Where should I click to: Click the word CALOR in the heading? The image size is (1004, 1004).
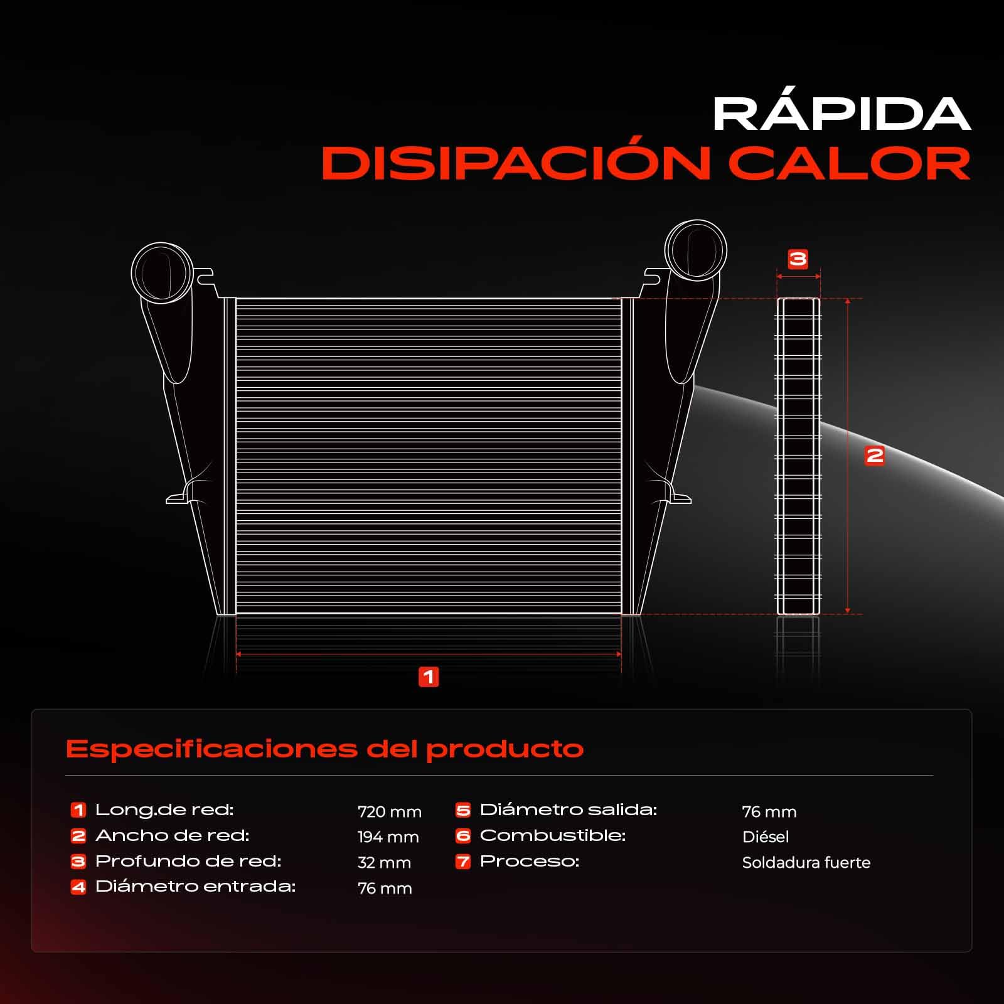[850, 163]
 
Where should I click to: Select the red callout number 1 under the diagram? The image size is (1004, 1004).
[429, 677]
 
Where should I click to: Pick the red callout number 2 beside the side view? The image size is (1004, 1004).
[874, 455]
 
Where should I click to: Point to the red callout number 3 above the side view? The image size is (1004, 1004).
[798, 259]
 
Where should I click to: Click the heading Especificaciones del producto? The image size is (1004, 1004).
[324, 749]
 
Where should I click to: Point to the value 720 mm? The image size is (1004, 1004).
[390, 811]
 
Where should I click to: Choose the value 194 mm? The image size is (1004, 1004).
[388, 836]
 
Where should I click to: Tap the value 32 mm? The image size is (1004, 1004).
[384, 862]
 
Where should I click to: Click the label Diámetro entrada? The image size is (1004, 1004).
[195, 886]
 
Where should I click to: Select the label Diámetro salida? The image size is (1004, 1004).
[568, 809]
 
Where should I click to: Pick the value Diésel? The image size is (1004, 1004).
[766, 836]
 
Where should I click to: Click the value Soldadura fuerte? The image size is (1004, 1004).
[806, 862]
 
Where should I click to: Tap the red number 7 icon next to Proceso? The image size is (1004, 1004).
[463, 861]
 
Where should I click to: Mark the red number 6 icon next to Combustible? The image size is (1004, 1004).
[463, 835]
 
